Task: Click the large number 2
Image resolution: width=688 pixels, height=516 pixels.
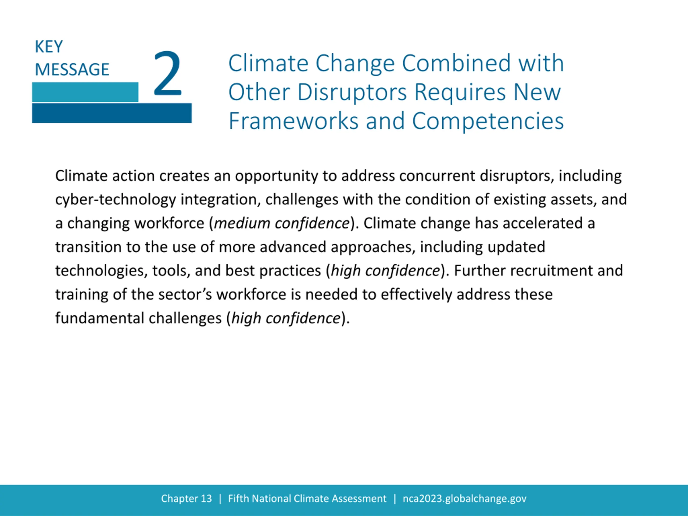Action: point(167,73)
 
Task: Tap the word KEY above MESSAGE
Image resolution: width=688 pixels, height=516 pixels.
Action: point(49,47)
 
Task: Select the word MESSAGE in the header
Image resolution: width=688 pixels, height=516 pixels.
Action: point(72,69)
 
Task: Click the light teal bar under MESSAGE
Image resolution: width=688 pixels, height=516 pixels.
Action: point(85,92)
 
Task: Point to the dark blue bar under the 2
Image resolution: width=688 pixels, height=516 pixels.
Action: point(112,113)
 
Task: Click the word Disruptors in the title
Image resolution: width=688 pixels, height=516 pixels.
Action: point(352,92)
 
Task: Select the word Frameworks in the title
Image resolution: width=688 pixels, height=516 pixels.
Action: point(294,121)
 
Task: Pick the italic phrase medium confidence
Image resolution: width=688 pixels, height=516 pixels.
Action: point(281,223)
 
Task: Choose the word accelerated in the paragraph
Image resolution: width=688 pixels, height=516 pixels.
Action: point(543,223)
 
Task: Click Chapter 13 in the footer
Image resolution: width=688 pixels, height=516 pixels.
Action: point(186,499)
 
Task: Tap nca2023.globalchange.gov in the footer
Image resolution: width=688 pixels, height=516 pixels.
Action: point(464,499)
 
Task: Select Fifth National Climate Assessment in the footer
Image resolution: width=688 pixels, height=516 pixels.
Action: point(307,499)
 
